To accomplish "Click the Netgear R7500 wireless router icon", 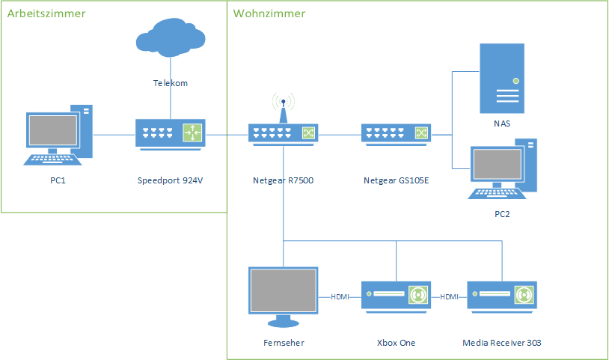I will [283, 132].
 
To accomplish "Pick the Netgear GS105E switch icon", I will [395, 133].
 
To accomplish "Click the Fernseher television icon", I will [283, 296].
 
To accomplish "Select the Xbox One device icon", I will [397, 296].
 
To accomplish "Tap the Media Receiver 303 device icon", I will [502, 296].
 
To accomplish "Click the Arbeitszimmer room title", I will [46, 13].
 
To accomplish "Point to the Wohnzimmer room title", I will [269, 13].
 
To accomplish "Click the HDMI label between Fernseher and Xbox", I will [340, 296].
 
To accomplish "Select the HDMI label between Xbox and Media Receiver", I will [449, 296].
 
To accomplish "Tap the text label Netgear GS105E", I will [395, 180].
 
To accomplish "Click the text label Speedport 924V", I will [171, 180].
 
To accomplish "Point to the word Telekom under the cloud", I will [171, 83].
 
